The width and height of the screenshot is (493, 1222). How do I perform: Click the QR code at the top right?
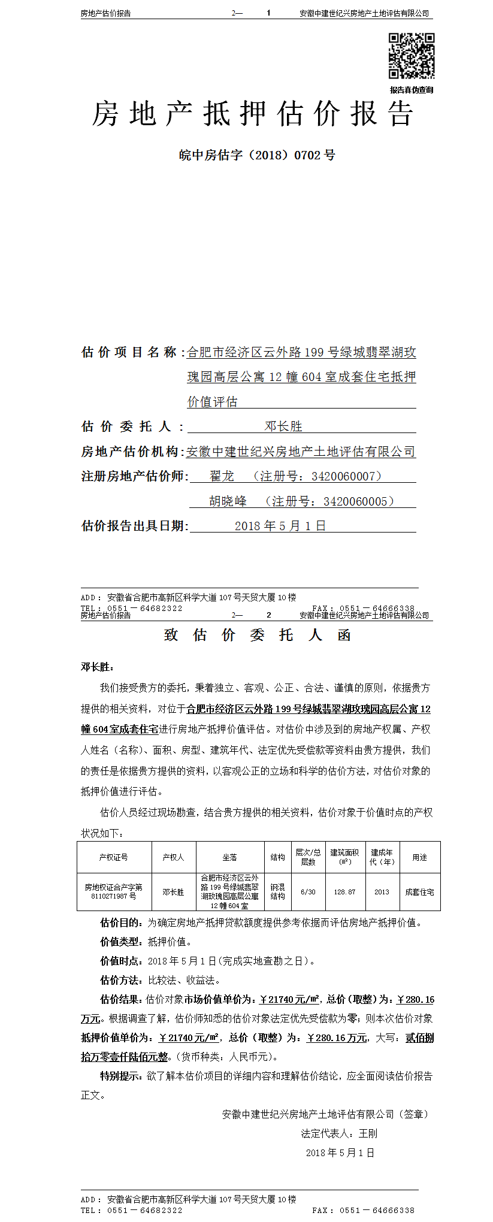(x=412, y=56)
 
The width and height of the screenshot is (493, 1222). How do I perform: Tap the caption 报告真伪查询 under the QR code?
(x=412, y=90)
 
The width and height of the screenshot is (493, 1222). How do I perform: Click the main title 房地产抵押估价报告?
(x=252, y=114)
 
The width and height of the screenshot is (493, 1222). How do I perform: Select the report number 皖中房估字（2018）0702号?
(x=257, y=155)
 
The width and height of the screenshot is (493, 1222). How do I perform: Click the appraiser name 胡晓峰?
(x=228, y=501)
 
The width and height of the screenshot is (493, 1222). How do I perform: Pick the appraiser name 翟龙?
(x=222, y=476)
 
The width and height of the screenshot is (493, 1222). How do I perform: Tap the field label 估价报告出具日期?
(x=134, y=526)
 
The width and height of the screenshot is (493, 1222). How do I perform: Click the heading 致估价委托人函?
(x=257, y=635)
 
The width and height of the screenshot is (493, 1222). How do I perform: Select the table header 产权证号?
(x=114, y=857)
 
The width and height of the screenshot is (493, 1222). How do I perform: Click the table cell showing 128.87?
(x=344, y=892)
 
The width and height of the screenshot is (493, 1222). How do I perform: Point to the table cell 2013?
(x=382, y=892)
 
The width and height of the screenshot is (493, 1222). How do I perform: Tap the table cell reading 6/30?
(x=308, y=892)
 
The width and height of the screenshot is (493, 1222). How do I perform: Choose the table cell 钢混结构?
(x=278, y=892)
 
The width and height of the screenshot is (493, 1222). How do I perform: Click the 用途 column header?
(x=419, y=857)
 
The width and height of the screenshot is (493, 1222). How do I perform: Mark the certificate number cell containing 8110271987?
(x=114, y=896)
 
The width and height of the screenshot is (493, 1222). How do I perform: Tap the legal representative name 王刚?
(x=368, y=1133)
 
